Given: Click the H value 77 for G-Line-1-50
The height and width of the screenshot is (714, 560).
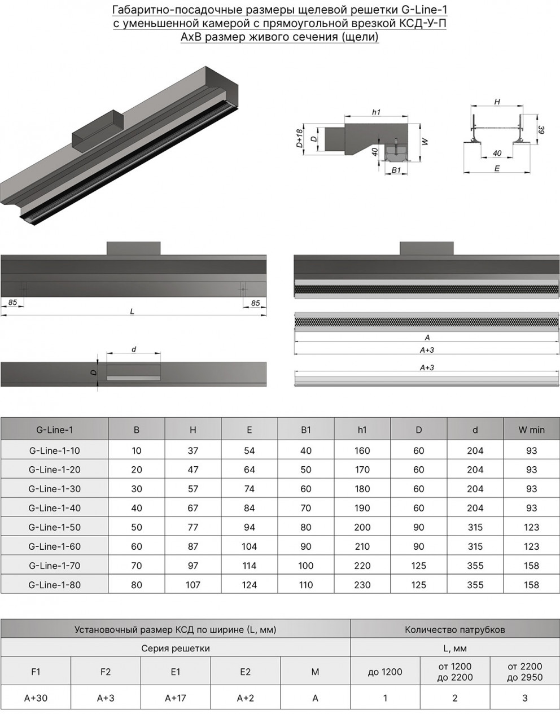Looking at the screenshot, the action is click(193, 527).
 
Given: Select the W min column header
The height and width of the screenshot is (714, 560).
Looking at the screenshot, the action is click(531, 430).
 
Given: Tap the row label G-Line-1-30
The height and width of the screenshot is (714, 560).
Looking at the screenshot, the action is click(55, 489).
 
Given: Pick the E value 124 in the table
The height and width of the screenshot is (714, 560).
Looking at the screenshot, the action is click(249, 585).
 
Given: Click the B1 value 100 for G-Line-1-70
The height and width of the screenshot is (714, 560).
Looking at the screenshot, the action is click(305, 566).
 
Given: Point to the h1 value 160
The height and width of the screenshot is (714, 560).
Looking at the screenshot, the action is click(362, 450).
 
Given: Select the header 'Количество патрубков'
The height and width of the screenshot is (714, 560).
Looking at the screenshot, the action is click(455, 629).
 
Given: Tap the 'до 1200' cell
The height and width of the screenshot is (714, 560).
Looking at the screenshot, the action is click(385, 672).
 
